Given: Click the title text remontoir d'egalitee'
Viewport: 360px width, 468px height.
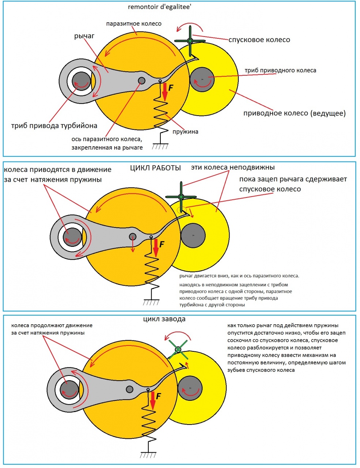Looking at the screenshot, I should click(159, 7).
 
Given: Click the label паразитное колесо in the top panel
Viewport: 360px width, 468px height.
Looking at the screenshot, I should click(134, 24).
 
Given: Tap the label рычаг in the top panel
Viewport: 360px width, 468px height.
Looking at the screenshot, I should click(84, 36).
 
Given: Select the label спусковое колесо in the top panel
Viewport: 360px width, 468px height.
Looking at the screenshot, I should click(259, 40).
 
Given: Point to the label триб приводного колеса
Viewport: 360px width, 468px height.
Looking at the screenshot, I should click(280, 70).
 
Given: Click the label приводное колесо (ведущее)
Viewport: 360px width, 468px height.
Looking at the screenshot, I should click(294, 113).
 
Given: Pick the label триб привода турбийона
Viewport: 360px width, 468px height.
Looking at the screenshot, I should click(54, 126).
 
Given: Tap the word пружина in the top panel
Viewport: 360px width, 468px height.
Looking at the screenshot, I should click(186, 132).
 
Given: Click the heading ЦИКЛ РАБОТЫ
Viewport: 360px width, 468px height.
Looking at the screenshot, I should click(155, 168).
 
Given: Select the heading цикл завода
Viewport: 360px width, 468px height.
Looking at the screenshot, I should click(164, 319).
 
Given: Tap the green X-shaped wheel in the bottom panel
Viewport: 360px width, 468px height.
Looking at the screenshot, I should click(178, 350).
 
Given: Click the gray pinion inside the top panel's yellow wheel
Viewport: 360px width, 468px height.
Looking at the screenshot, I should click(202, 79).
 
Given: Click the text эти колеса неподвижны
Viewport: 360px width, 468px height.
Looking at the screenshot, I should click(232, 167).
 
